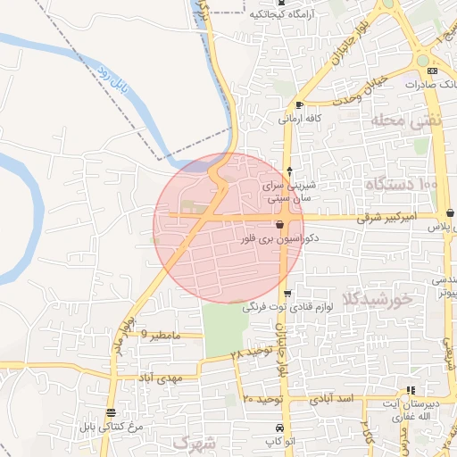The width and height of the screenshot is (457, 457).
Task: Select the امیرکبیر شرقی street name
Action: (386, 217)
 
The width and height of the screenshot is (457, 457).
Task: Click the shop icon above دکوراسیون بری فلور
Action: (280, 225)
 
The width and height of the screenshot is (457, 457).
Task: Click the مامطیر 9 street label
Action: (162, 335)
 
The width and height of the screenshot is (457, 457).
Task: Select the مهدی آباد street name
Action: (159, 378)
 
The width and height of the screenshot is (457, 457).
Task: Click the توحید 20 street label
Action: (262, 398)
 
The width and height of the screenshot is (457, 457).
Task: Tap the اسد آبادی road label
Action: (333, 398)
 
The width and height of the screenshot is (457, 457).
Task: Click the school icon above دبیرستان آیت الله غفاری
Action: (410, 390)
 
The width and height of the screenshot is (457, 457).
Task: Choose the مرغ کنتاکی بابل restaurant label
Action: (111, 428)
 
